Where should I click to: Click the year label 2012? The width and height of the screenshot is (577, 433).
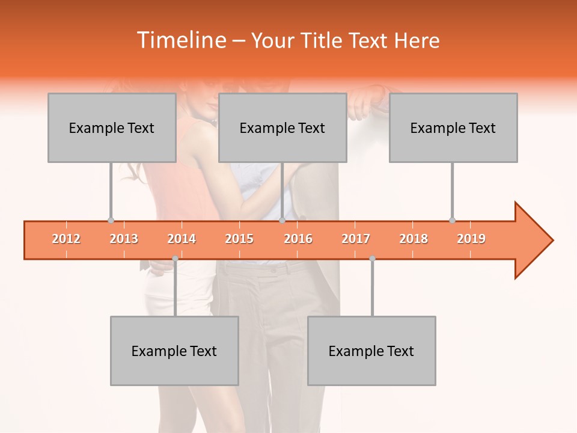(66, 239)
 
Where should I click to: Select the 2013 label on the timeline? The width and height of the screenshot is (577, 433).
(124, 239)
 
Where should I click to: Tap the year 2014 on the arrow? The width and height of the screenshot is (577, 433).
(182, 239)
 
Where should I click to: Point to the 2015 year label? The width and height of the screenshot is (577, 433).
(239, 239)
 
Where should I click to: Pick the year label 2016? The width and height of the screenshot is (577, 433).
(298, 239)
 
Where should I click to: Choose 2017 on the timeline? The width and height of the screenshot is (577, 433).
(356, 239)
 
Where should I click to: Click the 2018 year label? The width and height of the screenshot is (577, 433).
(414, 239)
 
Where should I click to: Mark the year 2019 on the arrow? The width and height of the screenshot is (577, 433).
(471, 239)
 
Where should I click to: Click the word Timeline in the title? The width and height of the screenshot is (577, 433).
(180, 40)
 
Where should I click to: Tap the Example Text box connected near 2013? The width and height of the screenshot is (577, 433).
(112, 127)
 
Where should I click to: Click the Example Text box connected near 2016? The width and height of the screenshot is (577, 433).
(282, 127)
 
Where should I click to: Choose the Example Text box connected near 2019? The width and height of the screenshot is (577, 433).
(453, 127)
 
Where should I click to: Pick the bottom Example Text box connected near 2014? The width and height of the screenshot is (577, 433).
(174, 351)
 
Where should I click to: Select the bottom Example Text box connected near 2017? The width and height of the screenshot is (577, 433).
(371, 351)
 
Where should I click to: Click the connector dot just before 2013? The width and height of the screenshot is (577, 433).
(111, 220)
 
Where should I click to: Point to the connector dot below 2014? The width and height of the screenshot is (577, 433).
(175, 259)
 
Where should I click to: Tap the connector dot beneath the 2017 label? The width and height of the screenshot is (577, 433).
(372, 259)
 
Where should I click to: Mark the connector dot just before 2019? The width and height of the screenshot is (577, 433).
(452, 220)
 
